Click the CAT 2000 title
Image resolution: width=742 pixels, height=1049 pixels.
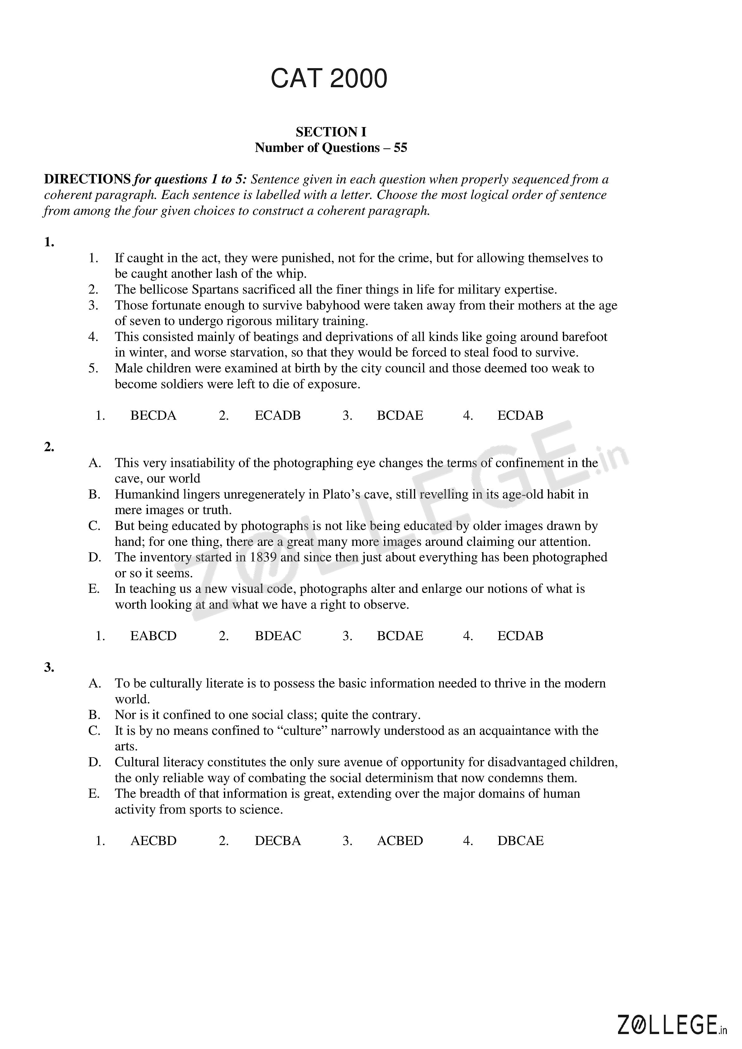[x=329, y=78]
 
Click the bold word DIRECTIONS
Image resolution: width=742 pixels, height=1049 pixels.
[x=87, y=180]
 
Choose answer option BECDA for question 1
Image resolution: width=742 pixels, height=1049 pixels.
[x=153, y=415]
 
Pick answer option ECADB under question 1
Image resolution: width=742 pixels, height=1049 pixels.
[x=278, y=415]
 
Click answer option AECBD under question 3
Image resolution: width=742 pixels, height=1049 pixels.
[x=153, y=841]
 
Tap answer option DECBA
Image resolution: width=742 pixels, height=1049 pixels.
[x=278, y=841]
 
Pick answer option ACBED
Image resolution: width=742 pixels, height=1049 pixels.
[x=400, y=841]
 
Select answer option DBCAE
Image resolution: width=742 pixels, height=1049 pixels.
[x=520, y=841]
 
